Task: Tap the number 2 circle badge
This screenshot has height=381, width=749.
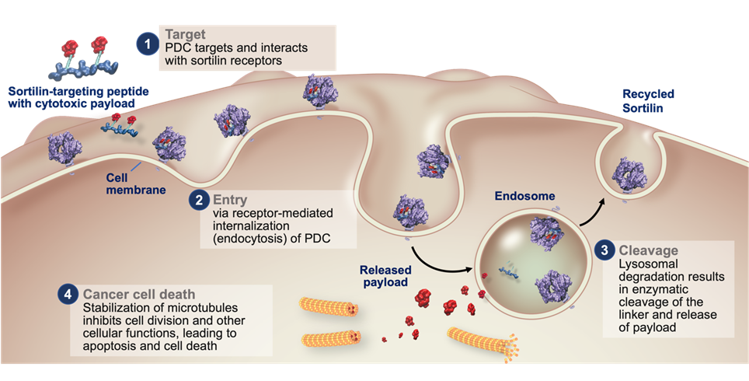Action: pos(200,199)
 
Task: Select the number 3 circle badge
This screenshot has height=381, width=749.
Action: pos(605,250)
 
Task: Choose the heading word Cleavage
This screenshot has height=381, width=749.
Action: pos(648,250)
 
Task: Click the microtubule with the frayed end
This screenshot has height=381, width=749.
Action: pos(482,341)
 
